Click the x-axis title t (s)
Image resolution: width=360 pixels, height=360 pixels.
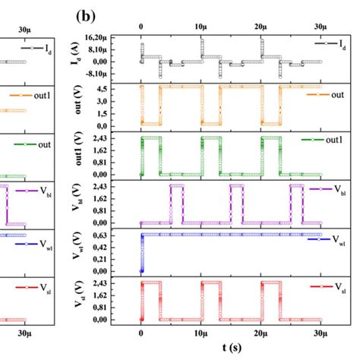pyautogui.click(x=232, y=347)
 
